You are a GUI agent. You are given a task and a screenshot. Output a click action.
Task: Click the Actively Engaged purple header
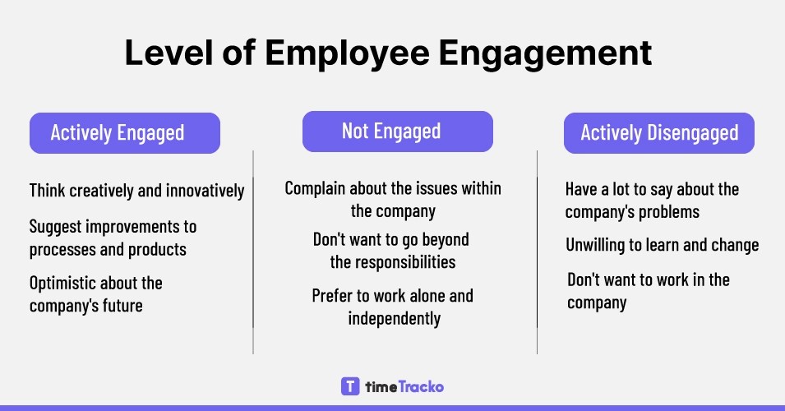click(125, 133)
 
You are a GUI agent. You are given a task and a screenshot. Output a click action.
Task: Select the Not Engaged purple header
click(397, 131)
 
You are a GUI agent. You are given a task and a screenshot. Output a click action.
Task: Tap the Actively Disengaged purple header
click(658, 132)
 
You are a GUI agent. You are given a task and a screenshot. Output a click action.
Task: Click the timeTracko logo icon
click(350, 386)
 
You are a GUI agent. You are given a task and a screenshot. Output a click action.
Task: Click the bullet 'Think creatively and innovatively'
click(136, 191)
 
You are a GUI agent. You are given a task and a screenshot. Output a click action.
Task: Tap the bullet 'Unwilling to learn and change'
click(662, 245)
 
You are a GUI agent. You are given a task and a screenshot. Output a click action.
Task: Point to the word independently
click(394, 317)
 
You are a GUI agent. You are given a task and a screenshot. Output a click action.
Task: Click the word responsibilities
click(393, 263)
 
